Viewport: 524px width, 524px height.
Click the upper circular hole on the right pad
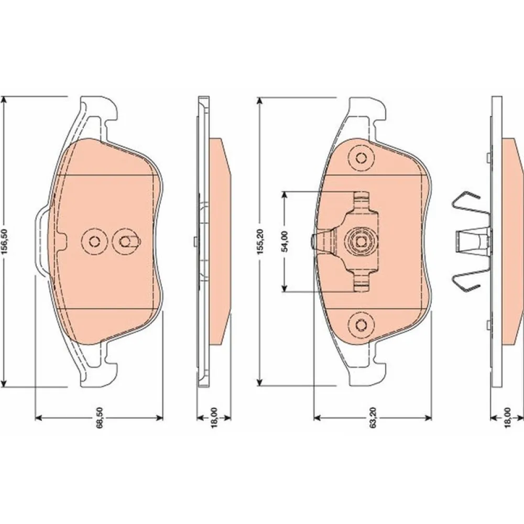point(361,158)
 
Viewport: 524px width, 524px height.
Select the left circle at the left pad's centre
point(95,241)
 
